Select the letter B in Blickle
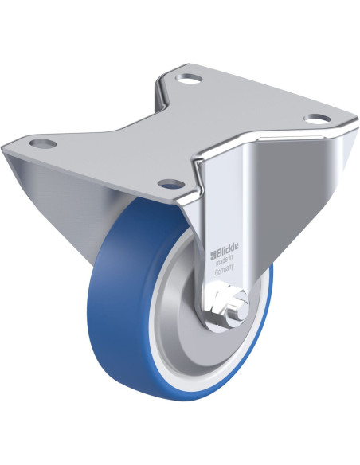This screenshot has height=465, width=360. [x=219, y=256]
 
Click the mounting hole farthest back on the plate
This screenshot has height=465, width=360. [x=189, y=80]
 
